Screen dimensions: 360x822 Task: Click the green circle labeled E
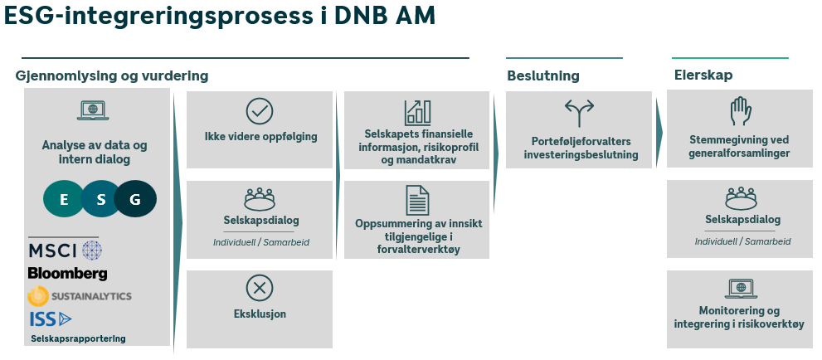[64, 199]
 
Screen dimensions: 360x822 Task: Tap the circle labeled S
[100, 199]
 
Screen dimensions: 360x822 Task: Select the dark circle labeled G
[135, 199]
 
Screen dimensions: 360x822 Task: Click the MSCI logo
[65, 251]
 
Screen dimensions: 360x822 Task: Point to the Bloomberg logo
[67, 273]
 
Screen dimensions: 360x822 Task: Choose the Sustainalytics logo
[80, 296]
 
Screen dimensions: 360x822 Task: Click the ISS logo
[51, 319]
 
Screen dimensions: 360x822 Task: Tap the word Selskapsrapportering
[78, 338]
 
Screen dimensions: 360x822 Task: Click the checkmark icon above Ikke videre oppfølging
[260, 111]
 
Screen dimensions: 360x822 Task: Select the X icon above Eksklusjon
[260, 288]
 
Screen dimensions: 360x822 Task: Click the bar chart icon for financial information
[416, 112]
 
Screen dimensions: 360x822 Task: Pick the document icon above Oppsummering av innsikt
[416, 200]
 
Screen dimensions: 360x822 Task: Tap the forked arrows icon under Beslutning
[580, 112]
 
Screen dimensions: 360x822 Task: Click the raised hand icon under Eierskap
[739, 111]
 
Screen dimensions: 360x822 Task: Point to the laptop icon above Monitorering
[739, 288]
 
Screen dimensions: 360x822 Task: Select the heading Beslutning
[543, 76]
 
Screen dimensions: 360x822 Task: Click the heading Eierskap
[703, 75]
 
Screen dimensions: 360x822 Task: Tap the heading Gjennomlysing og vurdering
[111, 76]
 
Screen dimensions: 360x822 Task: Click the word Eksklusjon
[260, 314]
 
